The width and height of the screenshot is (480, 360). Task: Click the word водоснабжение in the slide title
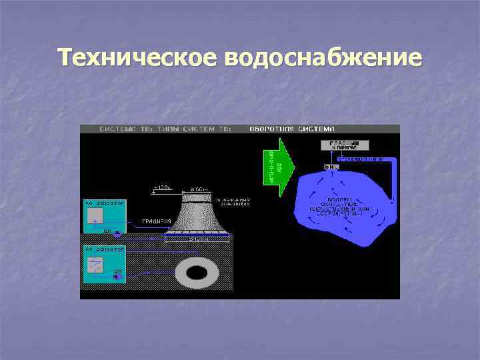click(x=324, y=58)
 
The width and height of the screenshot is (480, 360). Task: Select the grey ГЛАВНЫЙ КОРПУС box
click(x=344, y=145)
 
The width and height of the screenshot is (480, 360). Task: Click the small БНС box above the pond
click(x=331, y=166)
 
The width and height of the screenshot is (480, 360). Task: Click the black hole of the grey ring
click(x=198, y=272)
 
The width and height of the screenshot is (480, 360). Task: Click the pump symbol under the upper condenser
click(x=117, y=234)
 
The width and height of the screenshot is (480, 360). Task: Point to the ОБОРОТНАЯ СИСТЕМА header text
click(x=292, y=129)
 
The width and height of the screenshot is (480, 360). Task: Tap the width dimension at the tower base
click(x=198, y=238)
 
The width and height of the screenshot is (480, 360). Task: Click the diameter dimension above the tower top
click(x=198, y=189)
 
